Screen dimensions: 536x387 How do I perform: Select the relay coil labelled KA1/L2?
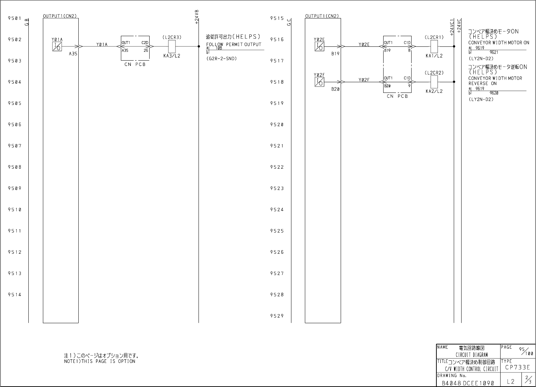coord(434,46)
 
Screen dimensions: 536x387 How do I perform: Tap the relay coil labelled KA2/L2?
coord(434,82)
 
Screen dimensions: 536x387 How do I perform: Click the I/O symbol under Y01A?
coord(57,46)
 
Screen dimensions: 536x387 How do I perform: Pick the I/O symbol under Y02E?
coord(319,46)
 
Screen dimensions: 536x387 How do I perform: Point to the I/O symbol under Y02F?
coord(319,82)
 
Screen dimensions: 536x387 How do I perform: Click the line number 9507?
coord(15,146)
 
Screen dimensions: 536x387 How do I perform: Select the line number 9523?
coord(277,189)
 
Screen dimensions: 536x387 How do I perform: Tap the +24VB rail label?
coord(197,16)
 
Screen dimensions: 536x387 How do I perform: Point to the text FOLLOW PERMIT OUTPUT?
coord(234,44)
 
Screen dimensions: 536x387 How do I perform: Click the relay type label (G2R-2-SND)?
coord(221,58)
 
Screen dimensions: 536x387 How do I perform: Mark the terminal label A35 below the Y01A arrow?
coord(73,54)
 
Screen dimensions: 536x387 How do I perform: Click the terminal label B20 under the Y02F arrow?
coord(336,89)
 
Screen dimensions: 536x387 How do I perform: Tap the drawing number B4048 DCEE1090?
coord(468,383)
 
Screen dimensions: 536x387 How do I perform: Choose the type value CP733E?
coord(518,368)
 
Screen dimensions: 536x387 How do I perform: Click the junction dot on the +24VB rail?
coord(199,46)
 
